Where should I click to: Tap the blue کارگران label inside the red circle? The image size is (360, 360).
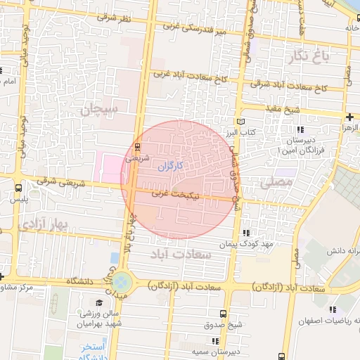pos(169,166)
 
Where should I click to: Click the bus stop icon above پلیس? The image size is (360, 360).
pos(18,188)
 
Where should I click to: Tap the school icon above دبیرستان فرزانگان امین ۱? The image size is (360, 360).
pos(300,130)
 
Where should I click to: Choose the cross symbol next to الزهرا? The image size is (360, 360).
pos(349,117)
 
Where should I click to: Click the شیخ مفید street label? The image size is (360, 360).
pos(283,110)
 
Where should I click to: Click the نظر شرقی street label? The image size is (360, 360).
pos(115,15)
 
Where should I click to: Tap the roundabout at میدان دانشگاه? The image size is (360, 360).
pos(122,283)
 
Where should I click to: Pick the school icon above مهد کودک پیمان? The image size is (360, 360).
pos(245,233)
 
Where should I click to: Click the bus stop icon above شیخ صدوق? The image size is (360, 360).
pos(223,314)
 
